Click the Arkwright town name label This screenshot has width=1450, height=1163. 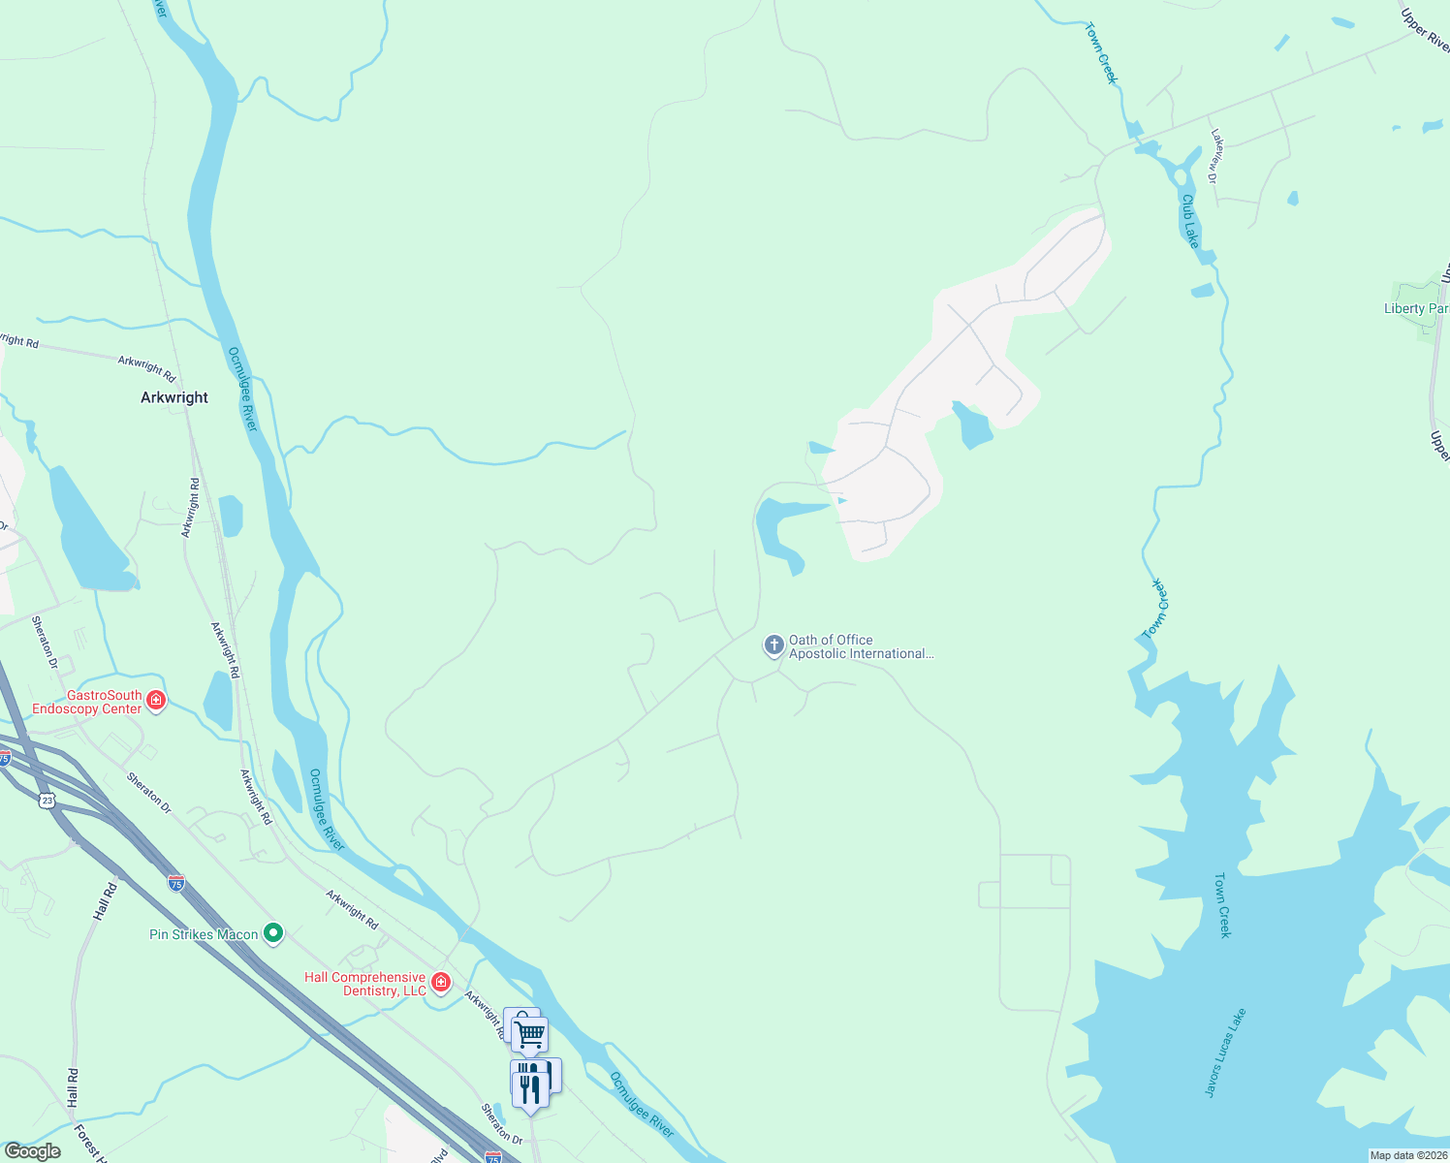(174, 397)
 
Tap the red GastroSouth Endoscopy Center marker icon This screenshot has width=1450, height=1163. (156, 700)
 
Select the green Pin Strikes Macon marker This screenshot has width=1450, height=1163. (273, 933)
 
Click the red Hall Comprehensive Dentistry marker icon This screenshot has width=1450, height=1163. (441, 983)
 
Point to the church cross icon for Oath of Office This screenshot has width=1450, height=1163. (773, 644)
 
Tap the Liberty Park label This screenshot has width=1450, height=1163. (1416, 308)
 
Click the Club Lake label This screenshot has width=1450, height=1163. (1189, 221)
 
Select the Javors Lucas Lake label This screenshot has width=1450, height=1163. (1225, 1053)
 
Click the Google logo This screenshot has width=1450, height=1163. (33, 1151)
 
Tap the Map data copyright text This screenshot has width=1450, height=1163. (1407, 1155)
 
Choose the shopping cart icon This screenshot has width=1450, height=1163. (530, 1034)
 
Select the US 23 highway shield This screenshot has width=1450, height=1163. (47, 800)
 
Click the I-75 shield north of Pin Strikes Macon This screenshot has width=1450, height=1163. (175, 883)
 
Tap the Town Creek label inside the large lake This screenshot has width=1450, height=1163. (1223, 905)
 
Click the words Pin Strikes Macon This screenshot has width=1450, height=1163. (204, 934)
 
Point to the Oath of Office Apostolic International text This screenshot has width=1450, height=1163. (861, 646)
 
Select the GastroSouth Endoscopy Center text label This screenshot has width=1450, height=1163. (86, 702)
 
